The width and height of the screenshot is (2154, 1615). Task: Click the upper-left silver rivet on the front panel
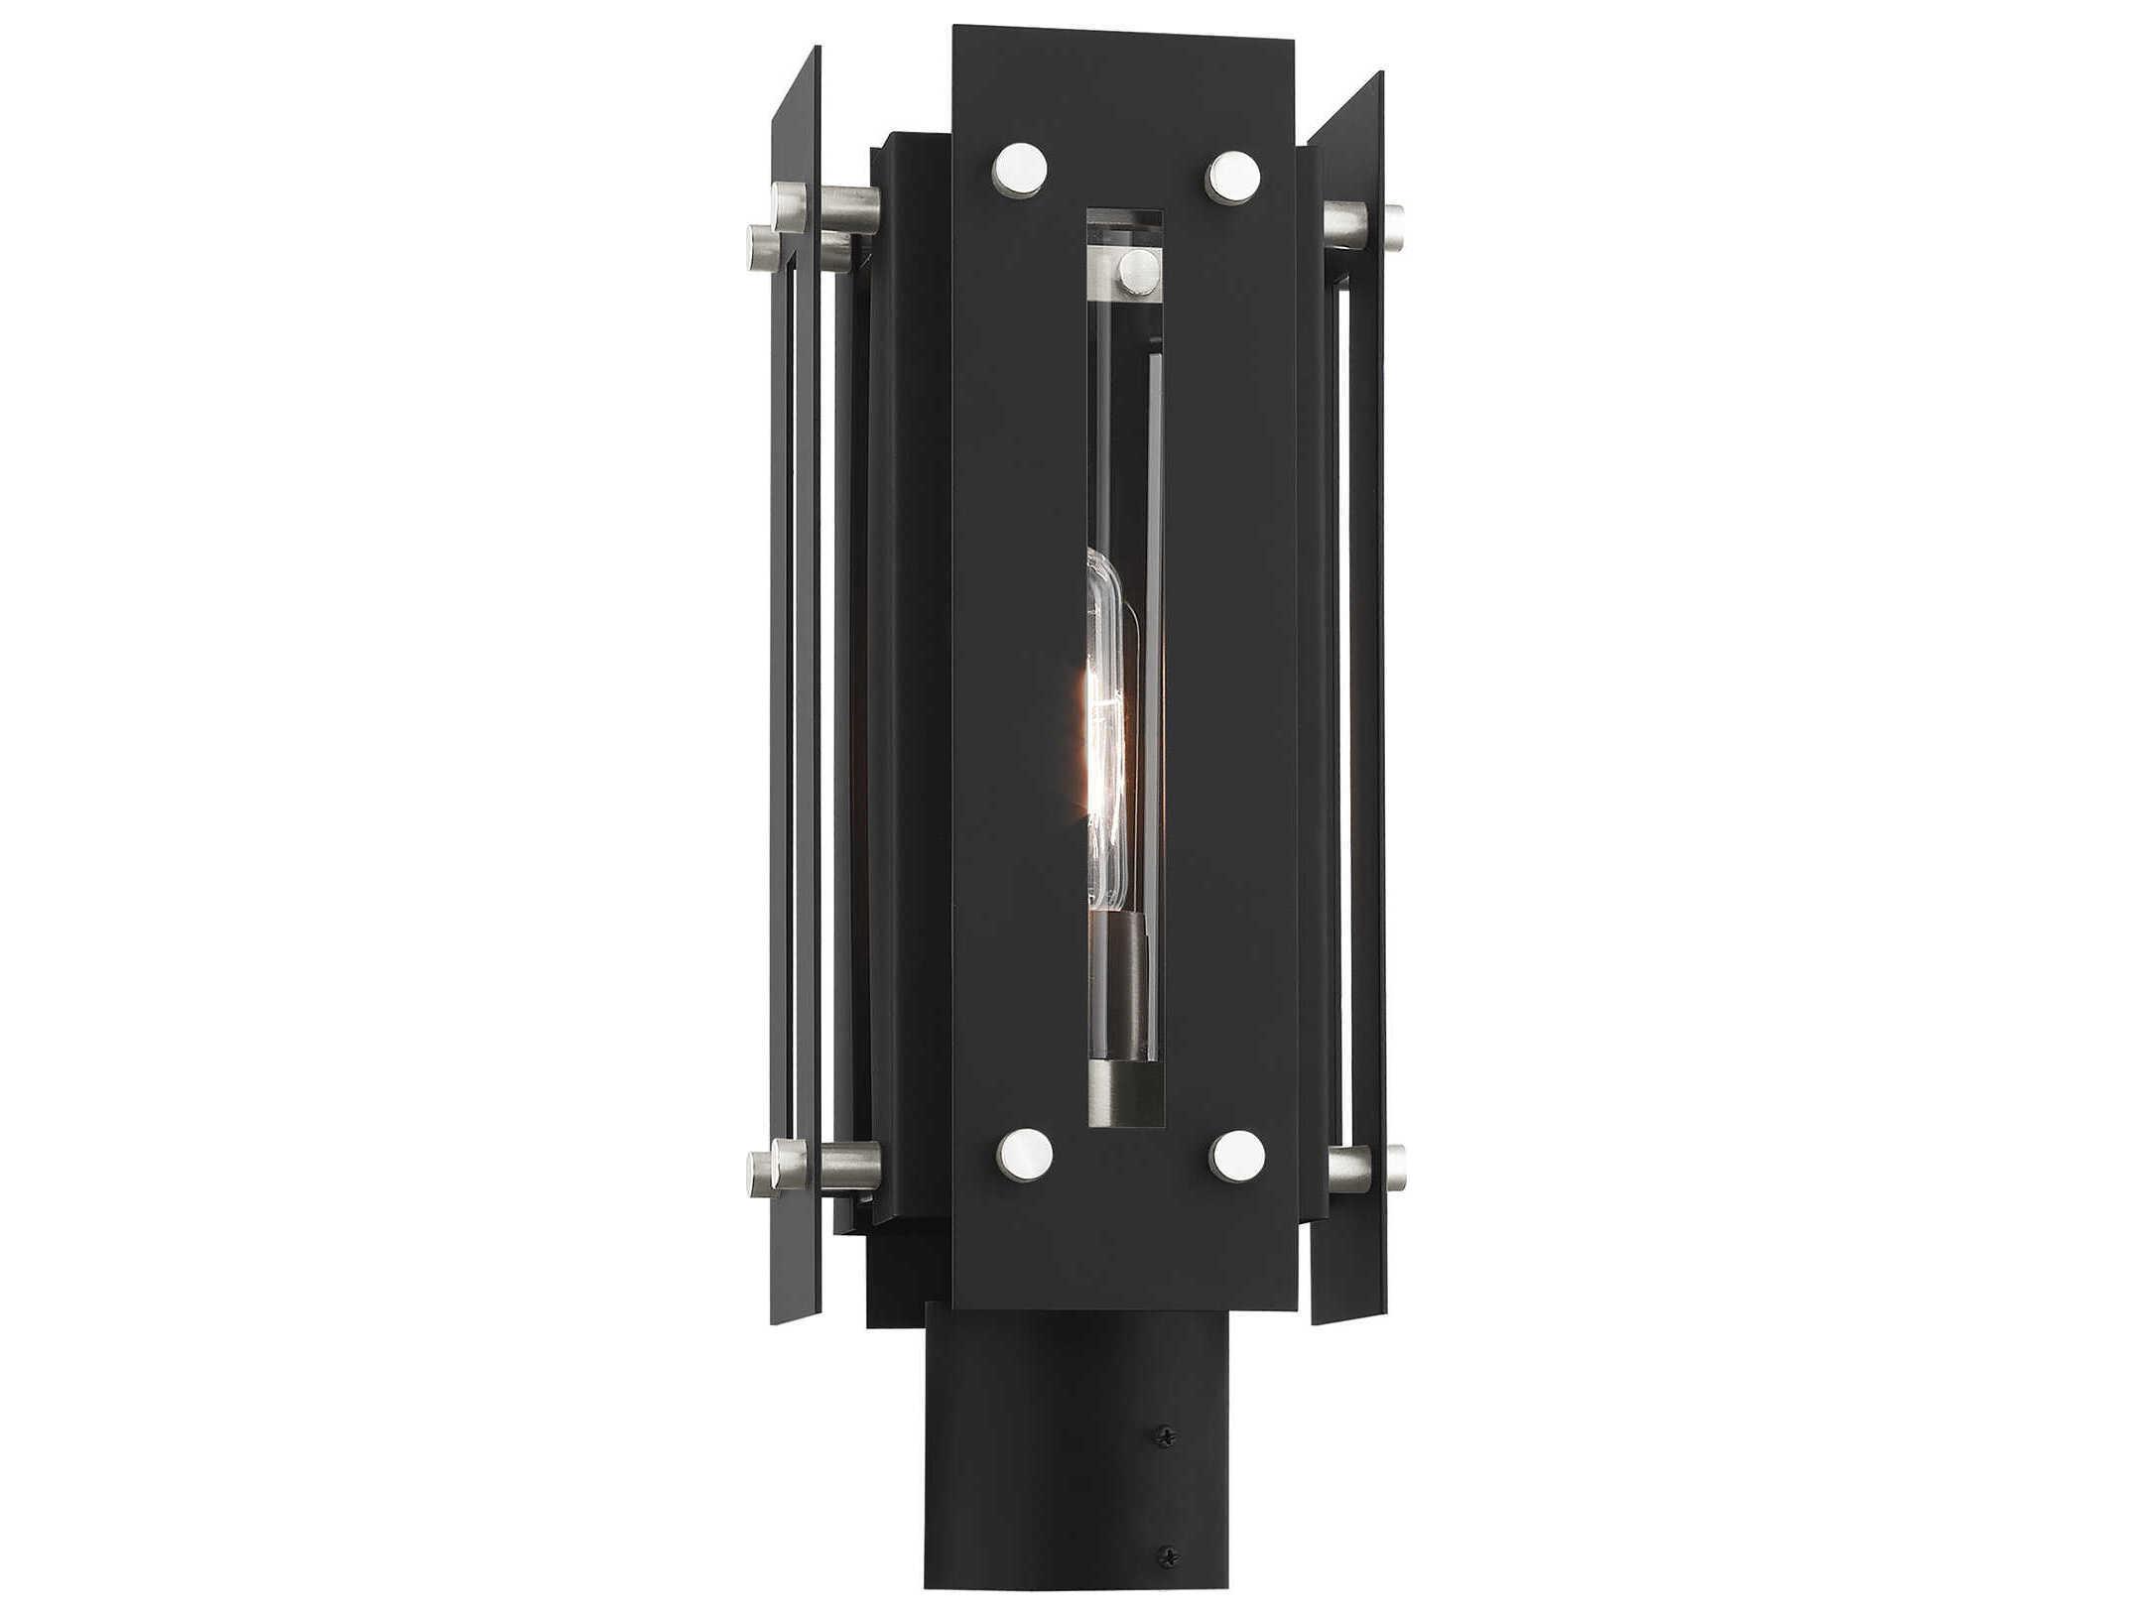[1019, 170]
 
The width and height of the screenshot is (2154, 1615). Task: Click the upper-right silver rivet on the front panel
[1233, 178]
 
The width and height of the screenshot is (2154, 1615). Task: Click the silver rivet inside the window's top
[1137, 272]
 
